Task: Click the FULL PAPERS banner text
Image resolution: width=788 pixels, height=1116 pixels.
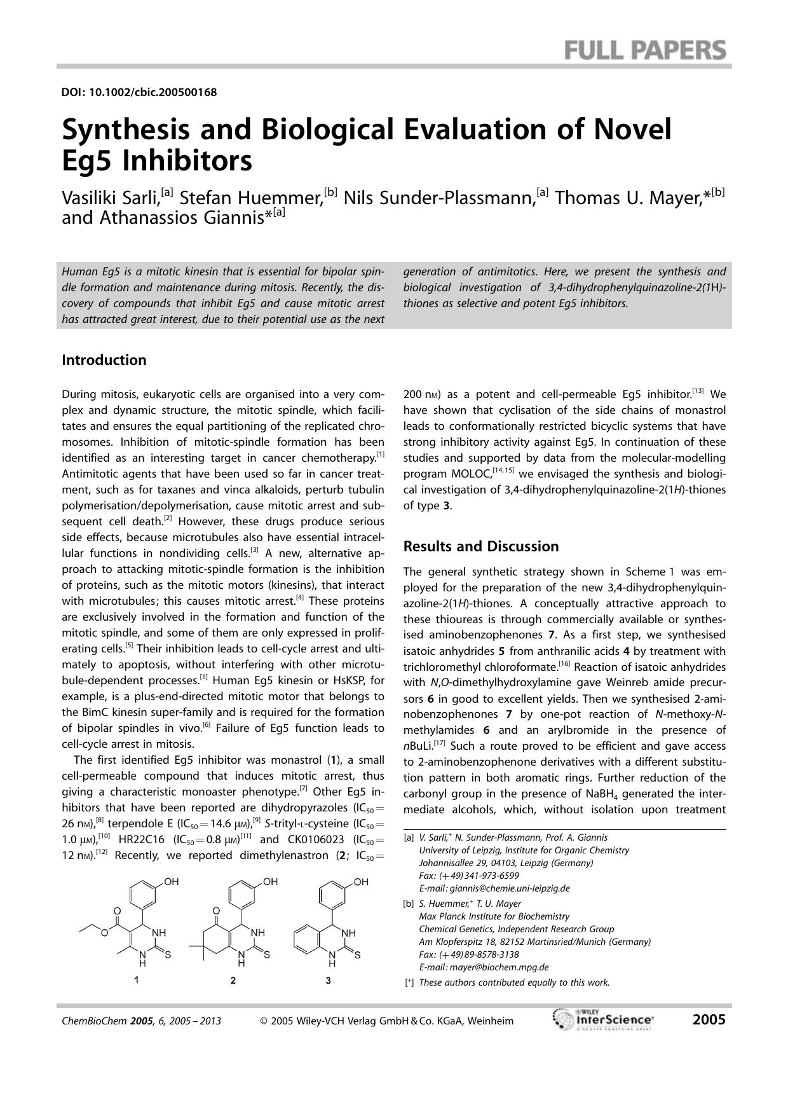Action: click(644, 50)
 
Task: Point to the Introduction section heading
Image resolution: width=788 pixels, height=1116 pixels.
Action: click(104, 360)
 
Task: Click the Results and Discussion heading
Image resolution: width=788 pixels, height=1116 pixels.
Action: click(481, 546)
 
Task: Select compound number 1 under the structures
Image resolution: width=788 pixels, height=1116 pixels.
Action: click(136, 981)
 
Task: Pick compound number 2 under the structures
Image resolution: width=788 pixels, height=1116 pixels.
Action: click(233, 981)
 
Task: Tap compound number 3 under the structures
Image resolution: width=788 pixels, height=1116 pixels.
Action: click(328, 981)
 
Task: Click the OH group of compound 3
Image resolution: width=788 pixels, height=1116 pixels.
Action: click(361, 882)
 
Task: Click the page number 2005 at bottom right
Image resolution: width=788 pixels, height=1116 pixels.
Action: click(709, 1020)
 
